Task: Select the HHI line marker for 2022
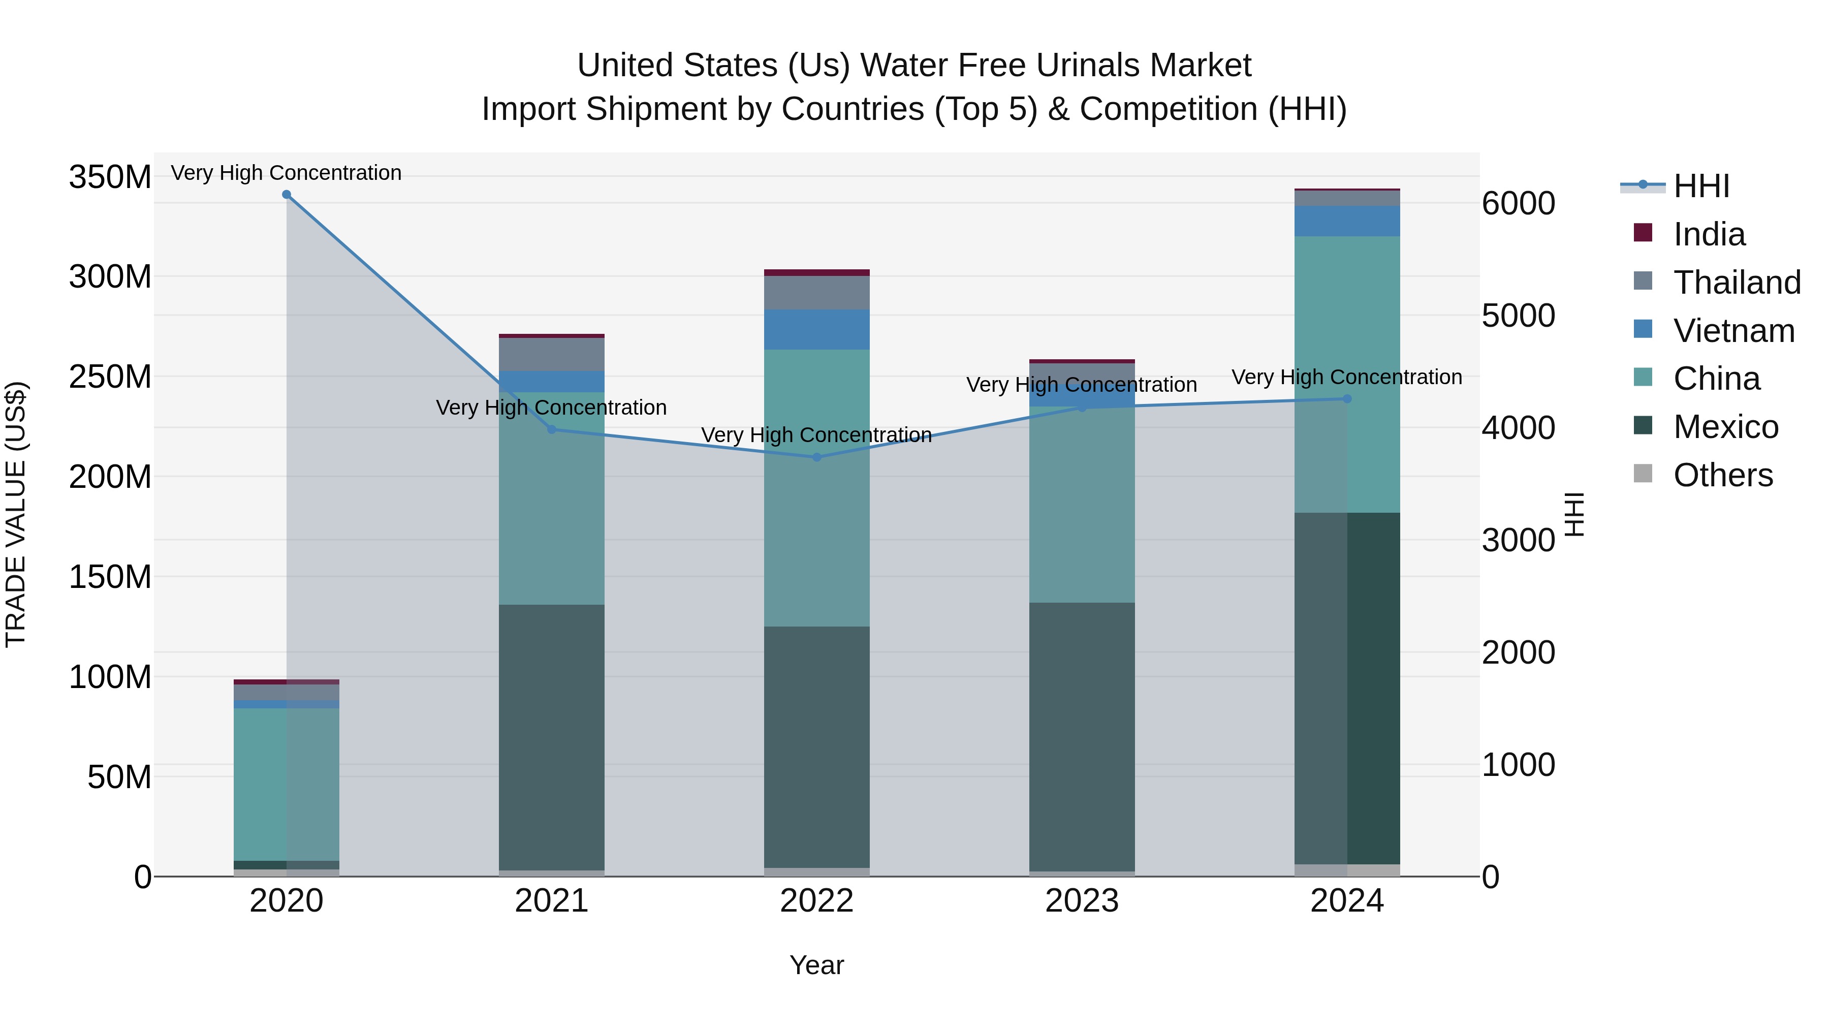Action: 816,457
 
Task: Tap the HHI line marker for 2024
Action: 1347,399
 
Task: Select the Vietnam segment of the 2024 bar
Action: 1347,221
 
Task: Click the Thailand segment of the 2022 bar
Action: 816,293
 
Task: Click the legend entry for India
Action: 1708,234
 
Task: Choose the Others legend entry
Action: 1722,475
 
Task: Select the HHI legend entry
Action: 1700,186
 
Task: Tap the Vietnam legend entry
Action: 1733,331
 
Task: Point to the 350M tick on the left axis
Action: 110,177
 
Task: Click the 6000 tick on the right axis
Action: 1518,204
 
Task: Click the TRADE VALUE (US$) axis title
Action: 16,515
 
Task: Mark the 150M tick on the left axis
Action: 110,577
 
